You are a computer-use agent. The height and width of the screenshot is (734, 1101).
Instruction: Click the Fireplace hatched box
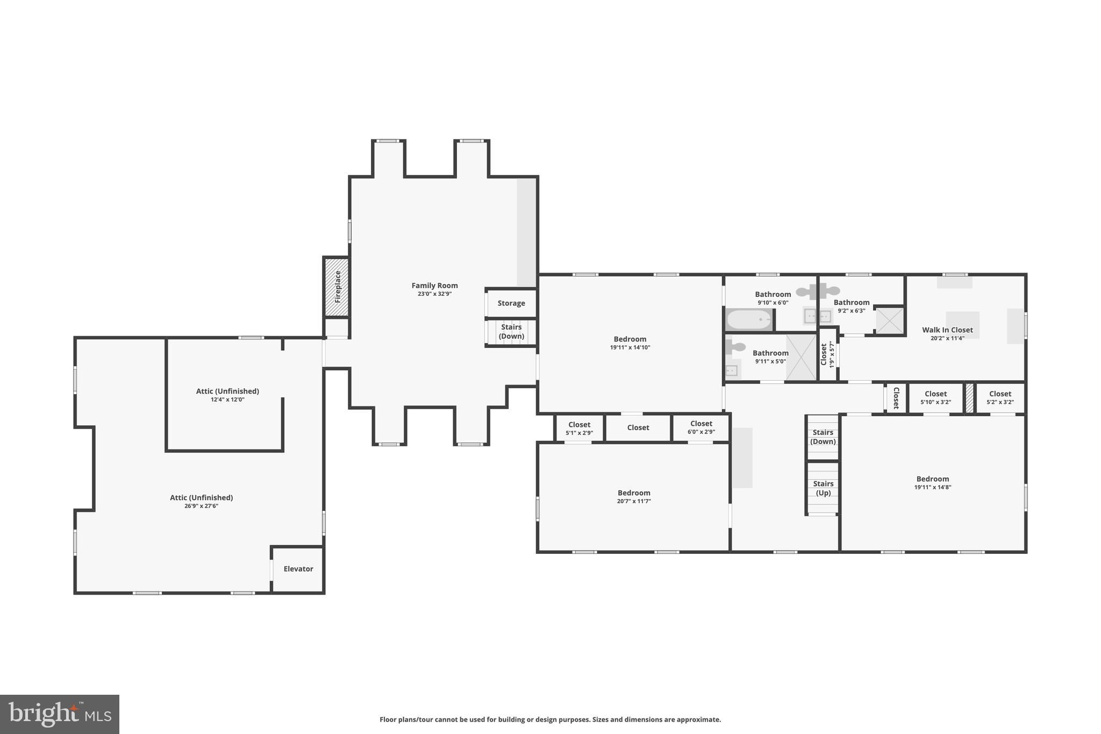[x=337, y=287]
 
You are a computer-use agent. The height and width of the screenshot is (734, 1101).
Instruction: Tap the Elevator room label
[x=298, y=569]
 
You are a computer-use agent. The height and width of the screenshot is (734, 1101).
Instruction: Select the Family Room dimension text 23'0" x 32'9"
[x=434, y=294]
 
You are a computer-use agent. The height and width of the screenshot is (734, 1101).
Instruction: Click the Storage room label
[x=511, y=303]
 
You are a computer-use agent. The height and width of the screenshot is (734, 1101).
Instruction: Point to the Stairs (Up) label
[x=823, y=488]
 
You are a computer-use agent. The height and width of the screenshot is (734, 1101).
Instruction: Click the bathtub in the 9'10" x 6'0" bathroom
[x=749, y=320]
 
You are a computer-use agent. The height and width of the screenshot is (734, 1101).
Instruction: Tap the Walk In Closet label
[x=947, y=330]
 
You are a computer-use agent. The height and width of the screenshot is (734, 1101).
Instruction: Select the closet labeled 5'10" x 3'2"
[x=935, y=398]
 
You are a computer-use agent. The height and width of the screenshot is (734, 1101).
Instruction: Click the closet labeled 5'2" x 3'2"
[x=1000, y=398]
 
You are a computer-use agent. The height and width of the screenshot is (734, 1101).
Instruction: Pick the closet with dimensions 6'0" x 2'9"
[x=701, y=428]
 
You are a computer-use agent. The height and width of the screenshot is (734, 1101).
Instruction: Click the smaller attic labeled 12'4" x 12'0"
[x=227, y=395]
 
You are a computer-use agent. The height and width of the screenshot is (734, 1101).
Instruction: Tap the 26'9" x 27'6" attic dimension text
[x=201, y=506]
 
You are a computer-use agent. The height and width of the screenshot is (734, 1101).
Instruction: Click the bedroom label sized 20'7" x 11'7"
[x=634, y=496]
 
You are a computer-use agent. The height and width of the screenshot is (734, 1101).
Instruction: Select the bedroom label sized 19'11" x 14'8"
[x=933, y=482]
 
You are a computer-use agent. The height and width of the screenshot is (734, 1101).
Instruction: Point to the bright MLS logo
[x=60, y=714]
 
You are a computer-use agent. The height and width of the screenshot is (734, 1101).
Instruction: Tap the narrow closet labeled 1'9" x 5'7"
[x=827, y=355]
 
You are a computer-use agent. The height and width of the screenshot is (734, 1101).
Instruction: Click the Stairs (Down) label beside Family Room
[x=511, y=332]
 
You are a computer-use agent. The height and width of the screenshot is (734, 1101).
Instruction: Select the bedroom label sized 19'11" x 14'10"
[x=630, y=343]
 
